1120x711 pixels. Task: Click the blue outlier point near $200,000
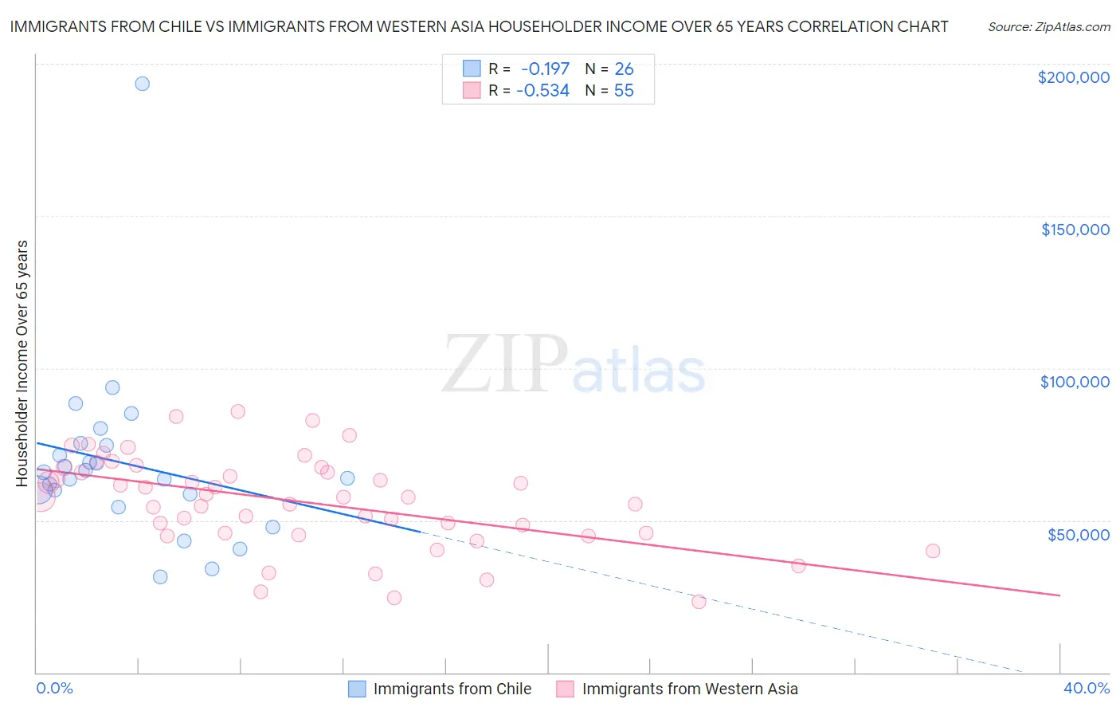point(142,84)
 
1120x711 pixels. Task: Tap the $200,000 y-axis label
point(1073,77)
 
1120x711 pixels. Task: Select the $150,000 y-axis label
point(1075,230)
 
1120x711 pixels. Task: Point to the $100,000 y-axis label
point(1075,382)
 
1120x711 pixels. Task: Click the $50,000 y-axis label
point(1078,534)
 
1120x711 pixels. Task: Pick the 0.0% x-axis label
point(54,688)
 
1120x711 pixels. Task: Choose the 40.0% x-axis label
point(1086,688)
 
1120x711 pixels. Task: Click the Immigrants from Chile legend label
point(452,689)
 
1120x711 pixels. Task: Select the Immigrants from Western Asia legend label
point(689,689)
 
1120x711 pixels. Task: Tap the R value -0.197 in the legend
point(545,69)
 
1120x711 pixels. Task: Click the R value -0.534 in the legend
point(542,91)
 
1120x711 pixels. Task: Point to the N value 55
point(624,91)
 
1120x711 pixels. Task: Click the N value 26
point(624,69)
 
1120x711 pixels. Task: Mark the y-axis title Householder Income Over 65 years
point(22,363)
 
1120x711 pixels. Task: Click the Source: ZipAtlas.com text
point(1048,26)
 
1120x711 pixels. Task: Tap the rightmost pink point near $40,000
point(933,551)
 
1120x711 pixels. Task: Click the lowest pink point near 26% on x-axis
point(699,602)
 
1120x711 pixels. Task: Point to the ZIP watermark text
point(504,364)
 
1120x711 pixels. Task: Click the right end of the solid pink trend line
point(1059,595)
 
